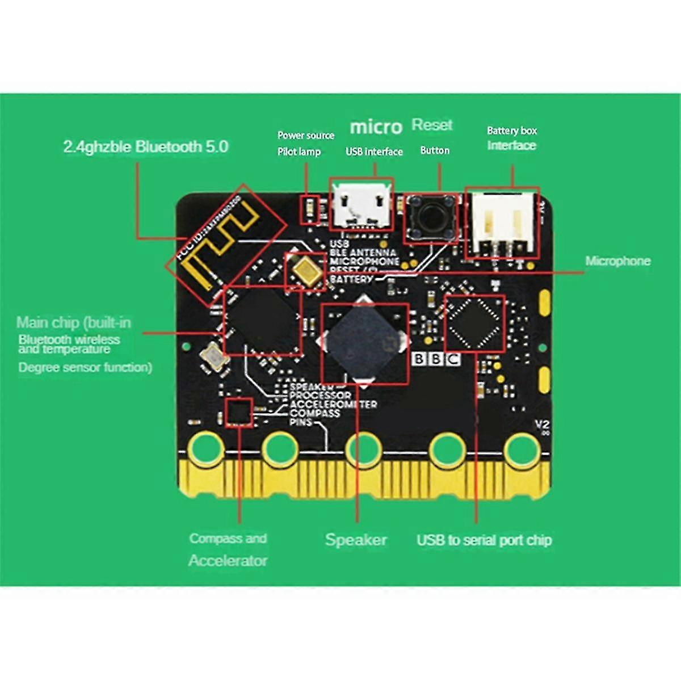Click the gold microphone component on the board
(x=306, y=271)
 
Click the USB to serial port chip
(x=475, y=323)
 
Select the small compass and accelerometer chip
(x=239, y=412)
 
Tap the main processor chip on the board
(x=262, y=321)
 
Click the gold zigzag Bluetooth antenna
(x=221, y=244)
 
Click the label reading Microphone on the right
(x=617, y=261)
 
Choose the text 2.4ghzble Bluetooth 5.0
(x=146, y=147)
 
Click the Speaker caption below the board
(x=356, y=540)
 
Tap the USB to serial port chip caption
(x=484, y=540)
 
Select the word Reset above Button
(x=432, y=124)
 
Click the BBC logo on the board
(x=436, y=359)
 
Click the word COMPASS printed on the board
(x=314, y=414)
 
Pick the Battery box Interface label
(x=511, y=138)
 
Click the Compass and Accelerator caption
(x=228, y=549)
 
